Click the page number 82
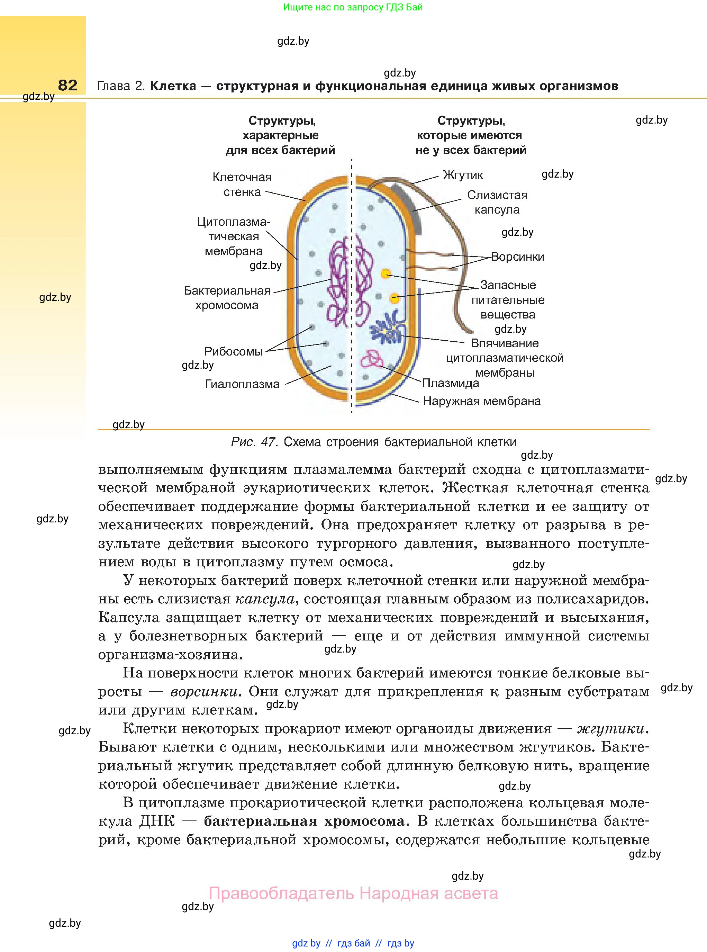click(67, 85)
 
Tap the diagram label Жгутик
click(463, 175)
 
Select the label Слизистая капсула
click(497, 202)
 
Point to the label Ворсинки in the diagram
click(517, 257)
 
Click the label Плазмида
click(450, 383)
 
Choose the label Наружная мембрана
click(481, 401)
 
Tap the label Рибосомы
click(233, 351)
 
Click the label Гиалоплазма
click(242, 384)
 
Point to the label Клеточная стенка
click(242, 185)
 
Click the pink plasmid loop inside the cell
click(371, 359)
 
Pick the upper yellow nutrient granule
click(386, 273)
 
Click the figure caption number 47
click(268, 442)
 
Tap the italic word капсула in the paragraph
click(265, 599)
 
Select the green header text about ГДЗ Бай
click(353, 7)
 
